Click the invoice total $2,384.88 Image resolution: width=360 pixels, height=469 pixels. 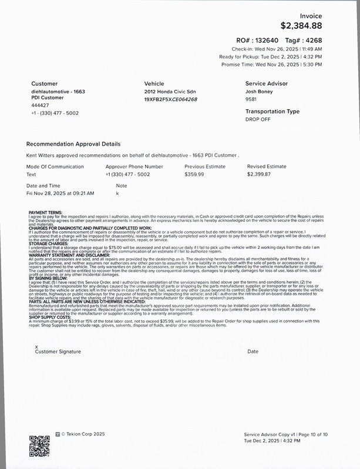301,25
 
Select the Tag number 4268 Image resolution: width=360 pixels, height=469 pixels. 312,40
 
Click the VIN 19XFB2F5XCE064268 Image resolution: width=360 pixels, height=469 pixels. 170,99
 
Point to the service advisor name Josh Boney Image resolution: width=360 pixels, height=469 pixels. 260,92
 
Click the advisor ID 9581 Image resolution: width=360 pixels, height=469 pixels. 251,99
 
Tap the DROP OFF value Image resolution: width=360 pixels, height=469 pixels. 258,119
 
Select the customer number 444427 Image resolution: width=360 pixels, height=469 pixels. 40,106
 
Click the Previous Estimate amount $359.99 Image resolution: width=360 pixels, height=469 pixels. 194,174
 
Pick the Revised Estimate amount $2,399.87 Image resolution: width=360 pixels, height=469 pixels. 259,174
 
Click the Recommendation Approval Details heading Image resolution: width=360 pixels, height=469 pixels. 73,144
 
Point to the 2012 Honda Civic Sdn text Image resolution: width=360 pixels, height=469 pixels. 170,92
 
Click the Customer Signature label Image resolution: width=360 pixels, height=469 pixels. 58,352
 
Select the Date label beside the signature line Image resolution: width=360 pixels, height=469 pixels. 253,352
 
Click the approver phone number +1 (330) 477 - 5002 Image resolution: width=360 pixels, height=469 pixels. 127,174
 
